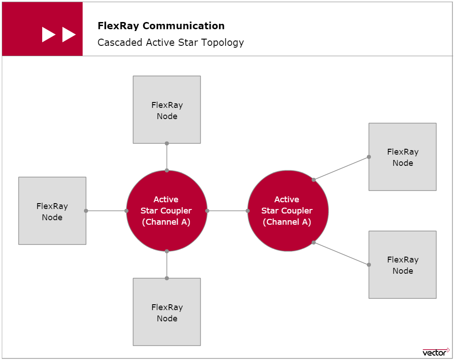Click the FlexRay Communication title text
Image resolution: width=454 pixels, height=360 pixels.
(161, 26)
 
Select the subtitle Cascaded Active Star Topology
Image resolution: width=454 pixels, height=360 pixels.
(171, 43)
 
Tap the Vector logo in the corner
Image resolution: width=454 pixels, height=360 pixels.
(436, 351)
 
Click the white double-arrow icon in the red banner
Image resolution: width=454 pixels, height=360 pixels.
(59, 35)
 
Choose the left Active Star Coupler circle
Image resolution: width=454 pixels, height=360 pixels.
(167, 211)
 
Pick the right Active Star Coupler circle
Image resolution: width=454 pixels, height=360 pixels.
(288, 211)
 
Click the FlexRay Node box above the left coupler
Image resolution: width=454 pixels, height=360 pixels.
(167, 110)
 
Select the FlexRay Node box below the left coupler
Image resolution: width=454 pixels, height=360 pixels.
(167, 312)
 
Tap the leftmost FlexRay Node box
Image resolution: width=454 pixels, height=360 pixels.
(52, 211)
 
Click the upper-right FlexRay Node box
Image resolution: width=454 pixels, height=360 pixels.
(402, 157)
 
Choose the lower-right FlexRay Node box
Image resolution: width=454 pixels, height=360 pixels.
(402, 265)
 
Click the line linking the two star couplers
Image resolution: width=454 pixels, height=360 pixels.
(227, 211)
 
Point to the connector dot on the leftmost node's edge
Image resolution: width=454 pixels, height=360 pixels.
(86, 211)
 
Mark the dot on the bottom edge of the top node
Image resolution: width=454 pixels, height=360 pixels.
(167, 143)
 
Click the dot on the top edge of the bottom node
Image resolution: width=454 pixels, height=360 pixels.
(167, 278)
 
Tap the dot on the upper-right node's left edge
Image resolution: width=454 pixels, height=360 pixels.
(369, 157)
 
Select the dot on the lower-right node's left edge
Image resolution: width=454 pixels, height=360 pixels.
(369, 265)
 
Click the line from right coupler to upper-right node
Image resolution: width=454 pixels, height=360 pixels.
(341, 168)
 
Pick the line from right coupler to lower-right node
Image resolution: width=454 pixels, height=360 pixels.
(341, 253)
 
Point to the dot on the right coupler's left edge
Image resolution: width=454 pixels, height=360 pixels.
(247, 211)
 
